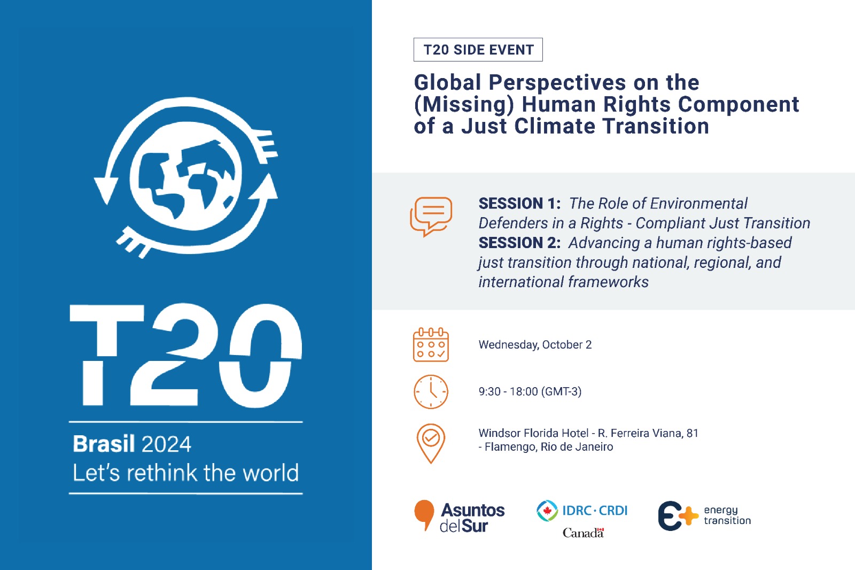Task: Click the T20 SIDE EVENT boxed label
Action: click(478, 50)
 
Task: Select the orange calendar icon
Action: click(431, 345)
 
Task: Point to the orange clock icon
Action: click(431, 392)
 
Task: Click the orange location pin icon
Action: click(431, 443)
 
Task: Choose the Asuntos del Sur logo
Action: click(460, 517)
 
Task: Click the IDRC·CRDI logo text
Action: click(594, 511)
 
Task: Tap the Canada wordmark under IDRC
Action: click(583, 533)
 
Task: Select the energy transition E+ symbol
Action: click(678, 516)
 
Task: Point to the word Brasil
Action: click(104, 444)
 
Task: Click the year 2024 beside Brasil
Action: click(166, 444)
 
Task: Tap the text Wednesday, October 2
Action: click(535, 345)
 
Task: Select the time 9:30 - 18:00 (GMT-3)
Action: click(530, 391)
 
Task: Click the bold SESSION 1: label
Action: click(519, 204)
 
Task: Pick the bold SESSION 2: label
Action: click(519, 243)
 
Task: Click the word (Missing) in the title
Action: click(464, 104)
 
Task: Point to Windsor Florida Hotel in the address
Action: click(533, 433)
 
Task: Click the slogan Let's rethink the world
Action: click(185, 473)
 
